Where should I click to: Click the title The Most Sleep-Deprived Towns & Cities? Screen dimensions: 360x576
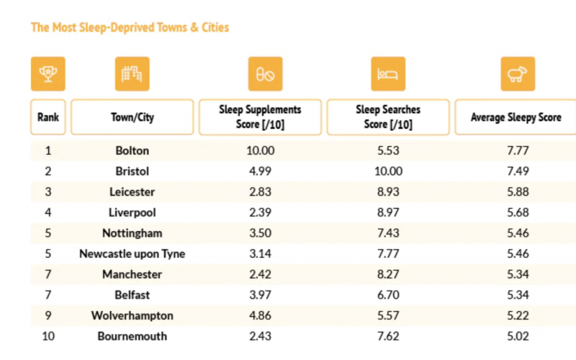[130, 28]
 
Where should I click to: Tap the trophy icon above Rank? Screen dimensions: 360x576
[48, 73]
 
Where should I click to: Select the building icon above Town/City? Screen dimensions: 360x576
[132, 73]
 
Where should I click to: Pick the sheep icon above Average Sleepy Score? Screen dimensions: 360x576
[517, 73]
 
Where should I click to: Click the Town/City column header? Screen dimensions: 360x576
[132, 117]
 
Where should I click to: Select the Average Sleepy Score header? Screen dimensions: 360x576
[516, 117]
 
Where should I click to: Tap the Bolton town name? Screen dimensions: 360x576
[132, 151]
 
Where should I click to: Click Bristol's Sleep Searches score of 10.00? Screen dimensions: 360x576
[388, 171]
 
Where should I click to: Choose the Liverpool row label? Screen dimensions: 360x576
[132, 213]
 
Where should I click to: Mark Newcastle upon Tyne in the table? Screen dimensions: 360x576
[132, 254]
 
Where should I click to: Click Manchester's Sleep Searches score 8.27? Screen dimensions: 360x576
[388, 274]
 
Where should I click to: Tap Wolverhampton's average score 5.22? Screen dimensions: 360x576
[517, 316]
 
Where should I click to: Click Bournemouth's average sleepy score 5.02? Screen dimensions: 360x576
[517, 336]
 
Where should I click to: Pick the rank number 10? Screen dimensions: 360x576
[48, 336]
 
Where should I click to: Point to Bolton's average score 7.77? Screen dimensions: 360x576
[517, 151]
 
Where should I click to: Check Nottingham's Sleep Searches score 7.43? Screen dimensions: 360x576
[388, 233]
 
